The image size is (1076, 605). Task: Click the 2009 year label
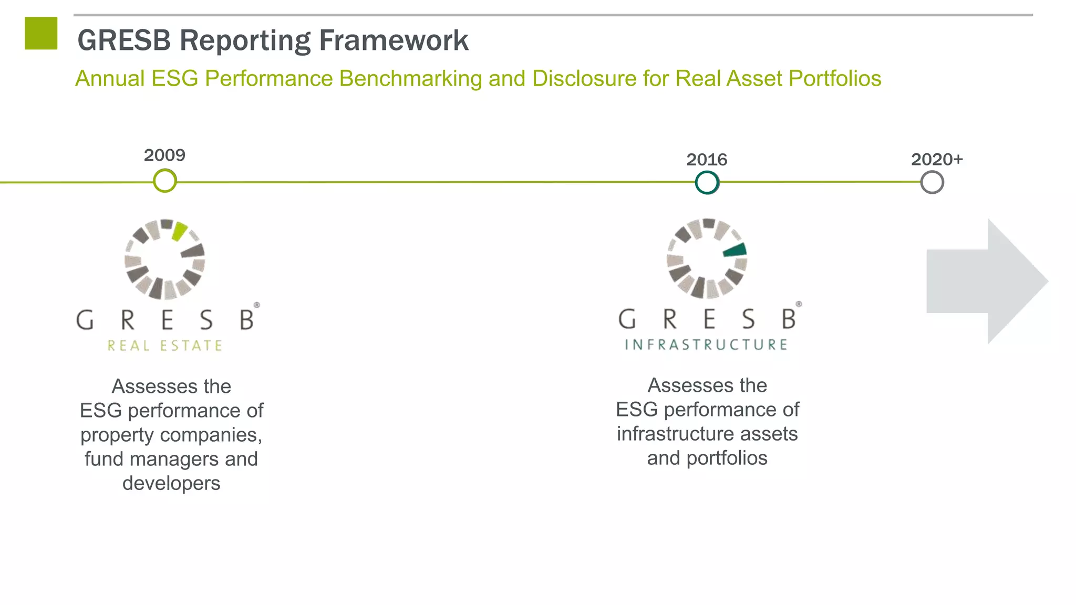(x=164, y=155)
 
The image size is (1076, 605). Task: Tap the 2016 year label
(x=707, y=160)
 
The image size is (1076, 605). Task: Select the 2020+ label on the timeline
(x=937, y=159)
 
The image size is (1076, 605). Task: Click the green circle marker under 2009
(x=165, y=181)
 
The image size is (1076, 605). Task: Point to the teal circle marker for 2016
(x=707, y=183)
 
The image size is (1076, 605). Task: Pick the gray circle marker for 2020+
(x=932, y=183)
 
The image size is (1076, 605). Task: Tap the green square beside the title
(x=41, y=34)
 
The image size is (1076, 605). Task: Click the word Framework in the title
(x=394, y=40)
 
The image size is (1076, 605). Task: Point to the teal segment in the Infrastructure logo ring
(x=735, y=250)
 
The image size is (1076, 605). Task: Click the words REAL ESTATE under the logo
(x=165, y=346)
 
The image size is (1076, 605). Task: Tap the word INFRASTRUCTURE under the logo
(x=707, y=345)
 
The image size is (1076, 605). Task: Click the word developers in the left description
(x=171, y=483)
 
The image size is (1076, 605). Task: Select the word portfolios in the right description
(x=727, y=458)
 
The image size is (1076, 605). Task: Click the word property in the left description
(x=117, y=435)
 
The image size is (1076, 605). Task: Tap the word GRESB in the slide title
(x=124, y=40)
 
